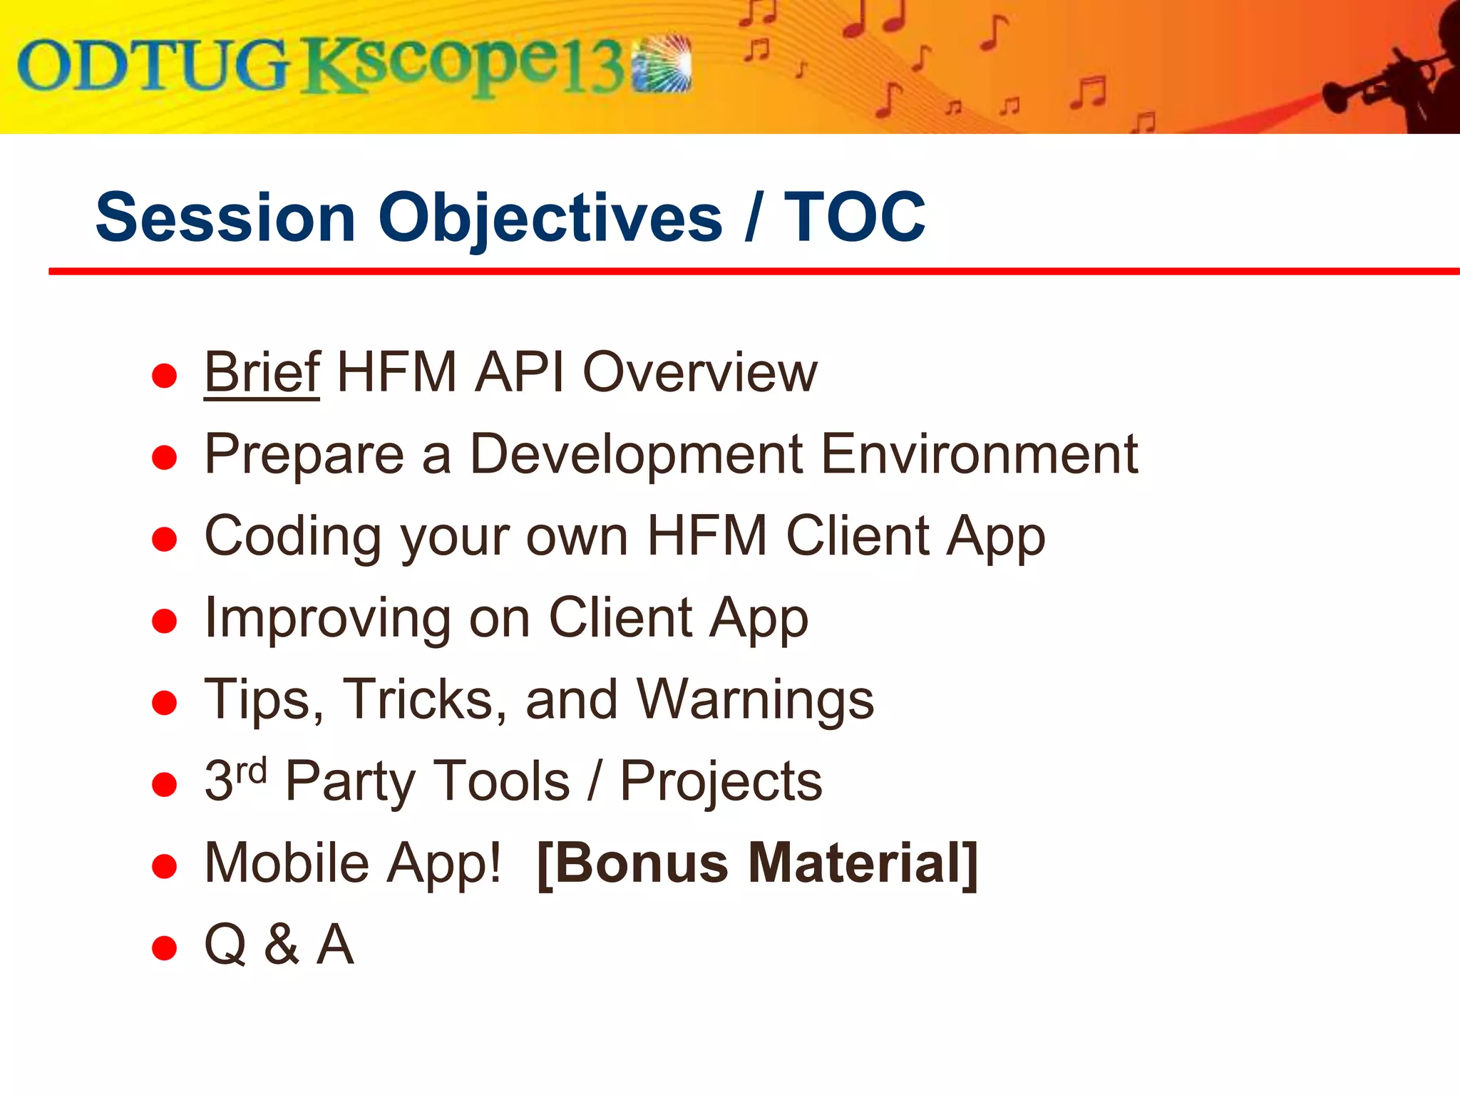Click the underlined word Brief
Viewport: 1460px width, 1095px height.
(262, 372)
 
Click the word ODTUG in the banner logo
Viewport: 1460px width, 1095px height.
(153, 66)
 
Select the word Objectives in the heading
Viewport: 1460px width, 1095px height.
(550, 218)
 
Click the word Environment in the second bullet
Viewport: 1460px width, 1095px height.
(980, 454)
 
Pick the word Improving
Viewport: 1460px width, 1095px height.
(327, 619)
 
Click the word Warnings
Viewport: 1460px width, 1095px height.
(755, 700)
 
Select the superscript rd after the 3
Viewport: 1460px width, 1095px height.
(251, 771)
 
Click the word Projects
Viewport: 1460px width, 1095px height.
(721, 782)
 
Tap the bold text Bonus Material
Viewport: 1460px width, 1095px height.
(757, 863)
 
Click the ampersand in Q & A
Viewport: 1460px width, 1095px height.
(282, 945)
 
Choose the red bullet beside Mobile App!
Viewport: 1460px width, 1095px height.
(165, 867)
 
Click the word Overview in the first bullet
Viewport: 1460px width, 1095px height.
(700, 372)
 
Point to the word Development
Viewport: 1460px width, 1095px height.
(636, 454)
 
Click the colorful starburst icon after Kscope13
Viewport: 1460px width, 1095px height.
(663, 64)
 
